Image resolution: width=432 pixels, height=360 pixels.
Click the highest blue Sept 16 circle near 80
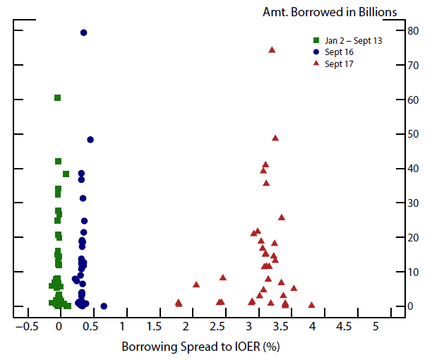click(x=83, y=32)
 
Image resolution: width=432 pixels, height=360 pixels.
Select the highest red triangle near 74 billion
click(x=272, y=49)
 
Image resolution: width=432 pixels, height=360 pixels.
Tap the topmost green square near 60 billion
click(x=57, y=97)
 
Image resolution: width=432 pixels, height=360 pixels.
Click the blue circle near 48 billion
click(x=90, y=140)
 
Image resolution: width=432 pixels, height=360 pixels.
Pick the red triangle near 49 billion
click(x=275, y=138)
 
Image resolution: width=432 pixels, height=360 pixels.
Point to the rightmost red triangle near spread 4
click(x=311, y=305)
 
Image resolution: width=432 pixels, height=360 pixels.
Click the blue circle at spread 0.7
click(x=104, y=306)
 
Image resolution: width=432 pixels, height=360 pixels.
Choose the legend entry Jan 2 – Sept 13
click(x=347, y=41)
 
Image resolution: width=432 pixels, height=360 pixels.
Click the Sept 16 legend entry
click(x=338, y=52)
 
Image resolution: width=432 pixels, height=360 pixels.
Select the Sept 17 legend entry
click(x=338, y=64)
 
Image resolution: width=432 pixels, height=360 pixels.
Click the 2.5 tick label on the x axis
click(x=217, y=326)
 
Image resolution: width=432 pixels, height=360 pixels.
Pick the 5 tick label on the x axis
click(x=376, y=326)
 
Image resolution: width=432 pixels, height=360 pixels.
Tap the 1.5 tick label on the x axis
click(x=154, y=326)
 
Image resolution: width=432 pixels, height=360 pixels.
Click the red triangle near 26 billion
click(x=282, y=217)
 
